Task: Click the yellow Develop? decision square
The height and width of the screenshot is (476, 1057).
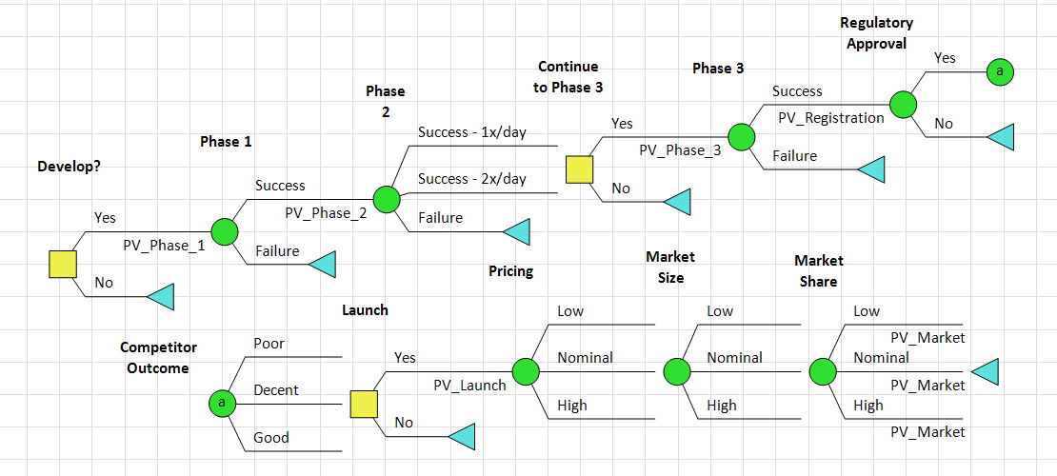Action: click(x=63, y=264)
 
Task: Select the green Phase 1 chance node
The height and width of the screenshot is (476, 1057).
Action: click(x=225, y=231)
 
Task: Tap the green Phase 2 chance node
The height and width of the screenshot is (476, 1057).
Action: click(x=386, y=199)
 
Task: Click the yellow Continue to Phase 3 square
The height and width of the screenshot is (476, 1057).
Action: click(x=580, y=169)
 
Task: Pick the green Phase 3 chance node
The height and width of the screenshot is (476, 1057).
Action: click(x=742, y=136)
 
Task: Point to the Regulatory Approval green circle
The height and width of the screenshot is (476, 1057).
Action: click(x=903, y=104)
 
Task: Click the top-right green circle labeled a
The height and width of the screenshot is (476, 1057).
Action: click(x=998, y=71)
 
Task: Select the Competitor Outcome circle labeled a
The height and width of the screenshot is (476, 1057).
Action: click(x=221, y=404)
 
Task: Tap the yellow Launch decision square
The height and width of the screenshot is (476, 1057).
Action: click(x=364, y=404)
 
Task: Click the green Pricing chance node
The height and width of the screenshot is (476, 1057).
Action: click(x=526, y=371)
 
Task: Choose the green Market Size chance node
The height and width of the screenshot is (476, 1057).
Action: click(x=675, y=371)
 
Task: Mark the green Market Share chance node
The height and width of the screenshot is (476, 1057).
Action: click(x=821, y=371)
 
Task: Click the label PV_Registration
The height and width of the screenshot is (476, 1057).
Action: click(x=830, y=118)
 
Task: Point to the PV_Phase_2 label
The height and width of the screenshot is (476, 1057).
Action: click(x=326, y=213)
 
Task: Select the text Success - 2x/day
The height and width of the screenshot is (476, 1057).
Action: click(x=472, y=179)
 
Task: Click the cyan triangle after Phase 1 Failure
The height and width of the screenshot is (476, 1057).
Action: click(x=322, y=264)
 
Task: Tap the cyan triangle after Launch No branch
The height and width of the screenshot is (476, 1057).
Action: click(x=461, y=436)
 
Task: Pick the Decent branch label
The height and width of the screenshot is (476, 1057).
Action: click(x=276, y=390)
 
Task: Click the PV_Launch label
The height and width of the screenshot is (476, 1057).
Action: click(x=469, y=386)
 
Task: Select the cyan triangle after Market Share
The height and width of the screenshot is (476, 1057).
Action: click(x=986, y=371)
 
